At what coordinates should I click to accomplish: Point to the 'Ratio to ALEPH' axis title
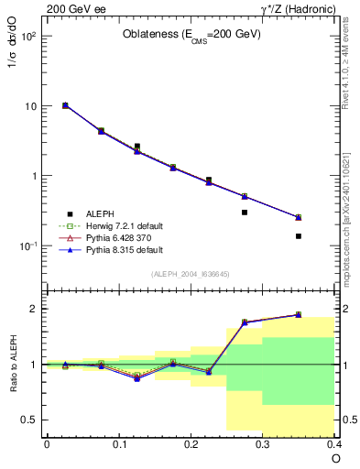pyautogui.click(x=13, y=365)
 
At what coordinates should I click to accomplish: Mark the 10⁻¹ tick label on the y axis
pyautogui.click(x=29, y=246)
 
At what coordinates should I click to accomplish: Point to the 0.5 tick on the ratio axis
pyautogui.click(x=31, y=420)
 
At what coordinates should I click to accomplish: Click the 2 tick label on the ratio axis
pyautogui.click(x=34, y=309)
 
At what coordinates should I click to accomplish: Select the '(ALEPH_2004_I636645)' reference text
pyautogui.click(x=191, y=274)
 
